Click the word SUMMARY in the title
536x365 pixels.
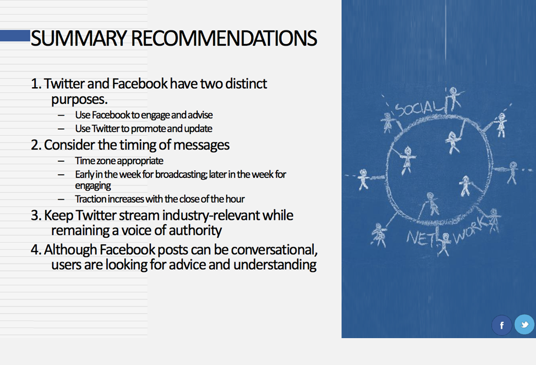(x=79, y=38)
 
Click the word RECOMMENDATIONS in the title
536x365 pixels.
(x=224, y=38)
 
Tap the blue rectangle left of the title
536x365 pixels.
(x=15, y=36)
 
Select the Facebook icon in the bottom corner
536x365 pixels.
(x=501, y=325)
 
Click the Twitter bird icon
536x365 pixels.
(x=524, y=324)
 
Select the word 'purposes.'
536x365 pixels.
(x=79, y=100)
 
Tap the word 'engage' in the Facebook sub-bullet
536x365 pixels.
(x=155, y=116)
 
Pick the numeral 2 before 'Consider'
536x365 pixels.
(x=35, y=145)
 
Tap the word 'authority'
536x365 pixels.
(x=195, y=231)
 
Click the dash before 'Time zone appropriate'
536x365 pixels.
(x=61, y=161)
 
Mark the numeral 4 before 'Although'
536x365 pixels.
(x=35, y=249)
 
